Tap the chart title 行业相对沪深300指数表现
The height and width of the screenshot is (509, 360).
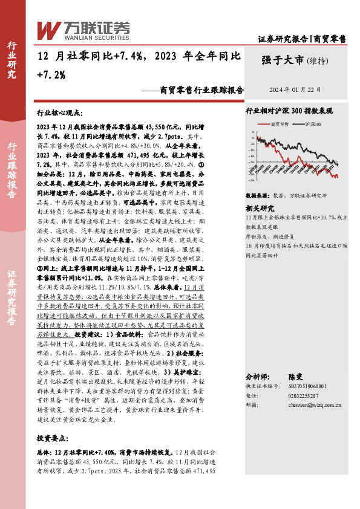click(291, 112)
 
